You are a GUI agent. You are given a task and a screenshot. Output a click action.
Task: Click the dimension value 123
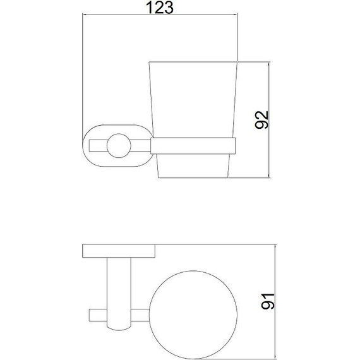click(160, 8)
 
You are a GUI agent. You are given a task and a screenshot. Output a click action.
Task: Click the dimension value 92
click(261, 120)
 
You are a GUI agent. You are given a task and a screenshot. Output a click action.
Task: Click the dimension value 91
click(268, 301)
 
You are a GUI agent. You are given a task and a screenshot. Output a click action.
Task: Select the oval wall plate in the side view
click(84, 145)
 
